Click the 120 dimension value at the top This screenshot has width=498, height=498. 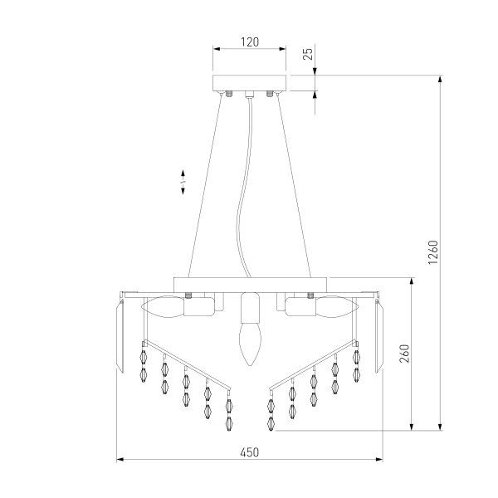click(x=248, y=39)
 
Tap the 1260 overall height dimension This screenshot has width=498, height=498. click(x=432, y=253)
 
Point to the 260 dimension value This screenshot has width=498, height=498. click(x=404, y=354)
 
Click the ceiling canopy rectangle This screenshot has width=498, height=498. click(x=248, y=83)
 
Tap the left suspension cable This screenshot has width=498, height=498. click(x=207, y=183)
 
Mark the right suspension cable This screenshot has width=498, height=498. click(x=290, y=183)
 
